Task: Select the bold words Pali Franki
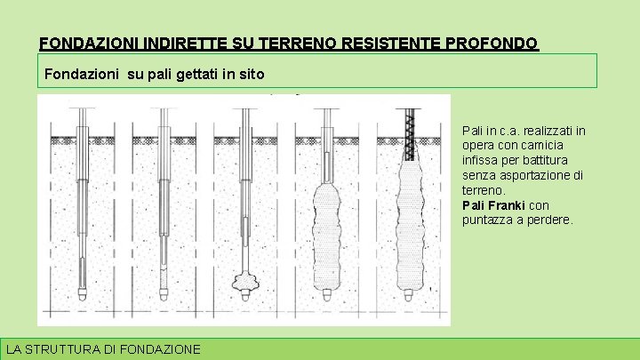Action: tap(493, 205)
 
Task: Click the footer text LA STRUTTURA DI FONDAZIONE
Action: tap(103, 349)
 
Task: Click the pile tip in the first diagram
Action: tap(82, 294)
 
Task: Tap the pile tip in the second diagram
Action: tap(164, 294)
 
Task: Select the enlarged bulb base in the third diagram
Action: tap(245, 282)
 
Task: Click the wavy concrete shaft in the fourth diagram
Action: tap(326, 236)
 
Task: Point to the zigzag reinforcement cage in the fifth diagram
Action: tap(410, 135)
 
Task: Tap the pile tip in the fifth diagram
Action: tap(408, 294)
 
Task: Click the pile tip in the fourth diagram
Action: tap(326, 294)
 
